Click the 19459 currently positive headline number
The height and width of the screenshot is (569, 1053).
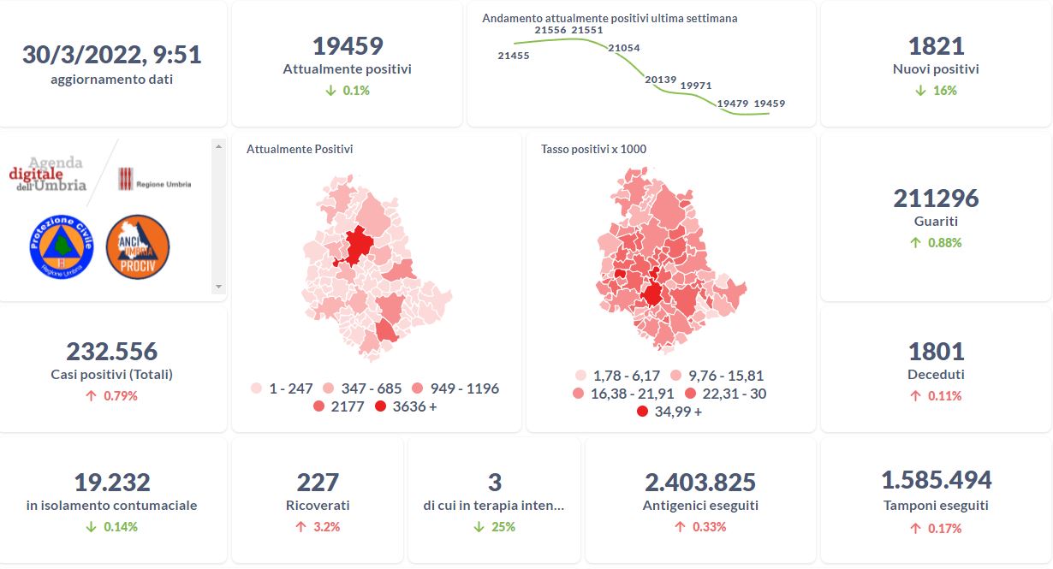pos(347,46)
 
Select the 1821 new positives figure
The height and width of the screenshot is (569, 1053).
pos(936,46)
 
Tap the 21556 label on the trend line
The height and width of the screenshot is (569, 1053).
pos(550,30)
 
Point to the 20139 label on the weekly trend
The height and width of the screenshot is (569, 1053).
pos(660,80)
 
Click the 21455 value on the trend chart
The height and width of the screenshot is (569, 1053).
pos(513,56)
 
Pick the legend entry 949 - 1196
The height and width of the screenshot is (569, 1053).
pos(455,388)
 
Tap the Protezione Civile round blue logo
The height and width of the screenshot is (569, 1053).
pos(61,246)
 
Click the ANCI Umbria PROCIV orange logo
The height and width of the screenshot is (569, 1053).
pos(137,246)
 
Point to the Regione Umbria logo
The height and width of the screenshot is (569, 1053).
pos(154,181)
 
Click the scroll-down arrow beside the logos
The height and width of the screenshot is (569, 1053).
pos(218,287)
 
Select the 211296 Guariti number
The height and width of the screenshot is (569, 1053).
pos(936,199)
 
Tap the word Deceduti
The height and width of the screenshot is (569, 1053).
pos(936,375)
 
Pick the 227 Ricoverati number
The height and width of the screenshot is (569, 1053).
pos(318,483)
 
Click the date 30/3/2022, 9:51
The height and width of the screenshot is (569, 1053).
pos(111,55)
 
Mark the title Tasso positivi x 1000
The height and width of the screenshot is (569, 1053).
pos(593,149)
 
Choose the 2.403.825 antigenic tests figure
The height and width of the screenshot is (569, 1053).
pos(700,483)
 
